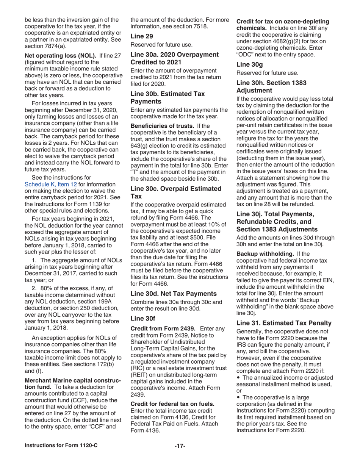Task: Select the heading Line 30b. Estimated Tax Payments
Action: point(167,97)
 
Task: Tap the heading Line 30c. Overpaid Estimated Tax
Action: point(176,192)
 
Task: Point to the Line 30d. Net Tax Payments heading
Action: point(174,293)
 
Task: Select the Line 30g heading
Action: point(248,64)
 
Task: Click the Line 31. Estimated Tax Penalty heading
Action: point(284,323)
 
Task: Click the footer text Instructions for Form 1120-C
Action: point(61,445)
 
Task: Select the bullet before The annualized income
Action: point(238,378)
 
